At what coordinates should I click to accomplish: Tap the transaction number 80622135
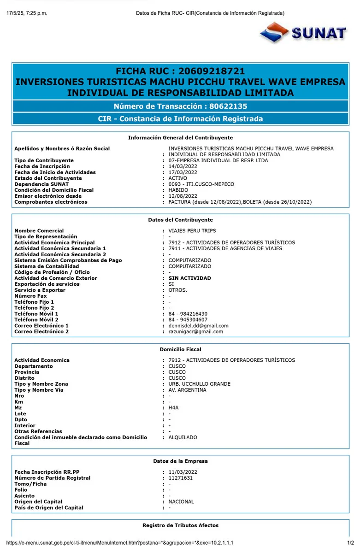click(x=228, y=106)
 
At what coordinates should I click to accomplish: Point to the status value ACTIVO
click(x=178, y=178)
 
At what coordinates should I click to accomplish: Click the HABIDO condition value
click(x=178, y=190)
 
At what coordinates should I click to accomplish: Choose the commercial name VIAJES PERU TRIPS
click(x=192, y=231)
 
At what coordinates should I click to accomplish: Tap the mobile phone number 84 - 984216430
click(x=188, y=314)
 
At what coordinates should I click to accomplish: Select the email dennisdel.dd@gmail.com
click(x=198, y=326)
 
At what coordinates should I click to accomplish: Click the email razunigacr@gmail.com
click(x=195, y=331)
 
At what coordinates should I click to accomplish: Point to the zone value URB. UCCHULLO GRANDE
click(x=199, y=384)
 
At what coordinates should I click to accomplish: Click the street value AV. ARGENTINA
click(x=187, y=390)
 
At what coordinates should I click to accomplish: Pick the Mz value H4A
click(x=173, y=408)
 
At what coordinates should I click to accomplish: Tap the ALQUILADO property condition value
click(x=183, y=437)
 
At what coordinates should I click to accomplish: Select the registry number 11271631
click(x=180, y=478)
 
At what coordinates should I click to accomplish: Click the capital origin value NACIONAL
click(x=181, y=501)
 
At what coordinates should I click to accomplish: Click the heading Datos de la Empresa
click(x=180, y=461)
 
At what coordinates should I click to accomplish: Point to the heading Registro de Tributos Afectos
click(x=180, y=525)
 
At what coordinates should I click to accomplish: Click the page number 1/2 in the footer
click(x=350, y=543)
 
